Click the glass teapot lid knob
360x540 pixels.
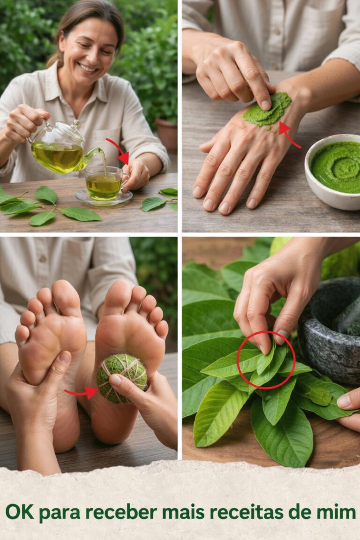76,122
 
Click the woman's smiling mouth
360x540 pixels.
87,68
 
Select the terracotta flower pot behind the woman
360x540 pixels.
166,135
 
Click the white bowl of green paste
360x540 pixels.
333,172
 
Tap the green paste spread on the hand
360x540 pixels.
267,109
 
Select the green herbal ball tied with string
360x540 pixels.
122,378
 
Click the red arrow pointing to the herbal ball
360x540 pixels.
81,392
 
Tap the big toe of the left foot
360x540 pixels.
66,296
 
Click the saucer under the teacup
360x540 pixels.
104,197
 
